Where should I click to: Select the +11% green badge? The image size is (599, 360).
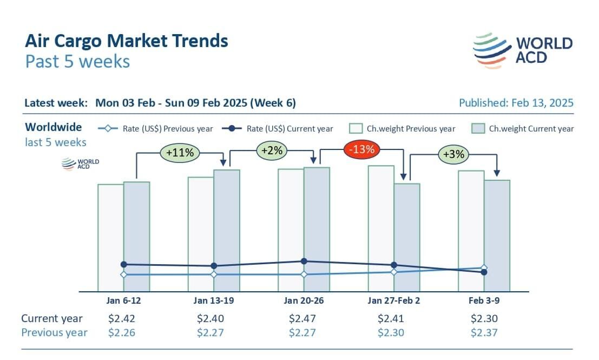point(180,153)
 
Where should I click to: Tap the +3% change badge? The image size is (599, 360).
point(453,154)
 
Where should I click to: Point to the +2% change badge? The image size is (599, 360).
point(272,150)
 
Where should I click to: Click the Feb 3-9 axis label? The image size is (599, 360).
point(484,300)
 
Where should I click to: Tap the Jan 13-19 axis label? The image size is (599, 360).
point(214,300)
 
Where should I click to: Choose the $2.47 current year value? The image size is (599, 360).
point(302,318)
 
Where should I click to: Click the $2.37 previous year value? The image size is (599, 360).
point(484,332)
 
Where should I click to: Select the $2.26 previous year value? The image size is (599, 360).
point(122,332)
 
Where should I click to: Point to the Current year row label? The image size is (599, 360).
point(52,318)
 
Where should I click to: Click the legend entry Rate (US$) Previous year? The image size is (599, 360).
point(156,129)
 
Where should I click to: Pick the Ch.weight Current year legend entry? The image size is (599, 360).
point(523,129)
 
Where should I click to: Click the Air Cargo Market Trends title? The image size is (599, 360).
point(127,41)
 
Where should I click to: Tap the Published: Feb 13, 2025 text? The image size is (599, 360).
point(516,103)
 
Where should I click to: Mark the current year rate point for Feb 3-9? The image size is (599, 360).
point(484,272)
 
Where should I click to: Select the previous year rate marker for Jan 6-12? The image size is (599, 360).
point(123,274)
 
